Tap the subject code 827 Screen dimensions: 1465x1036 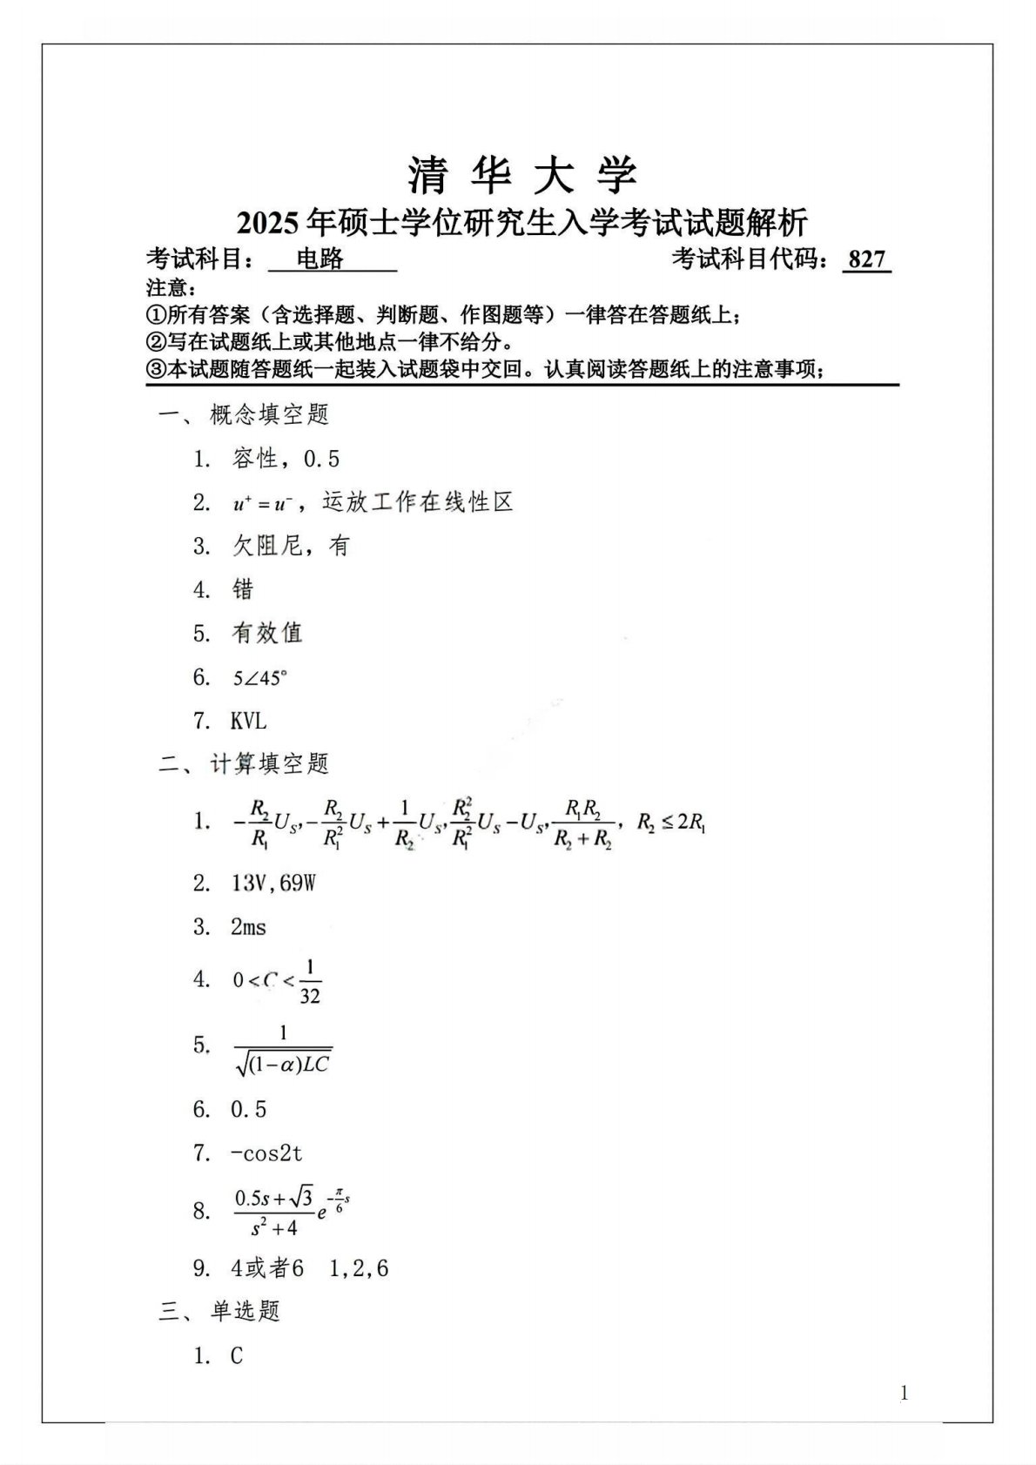click(866, 259)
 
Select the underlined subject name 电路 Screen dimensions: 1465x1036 click(320, 259)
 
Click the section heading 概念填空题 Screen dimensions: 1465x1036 click(269, 415)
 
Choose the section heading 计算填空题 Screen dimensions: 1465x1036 click(269, 764)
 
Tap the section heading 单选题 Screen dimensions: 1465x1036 click(245, 1311)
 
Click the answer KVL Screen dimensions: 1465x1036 click(249, 721)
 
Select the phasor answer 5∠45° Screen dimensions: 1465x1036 click(259, 677)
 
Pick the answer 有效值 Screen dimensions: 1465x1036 click(266, 633)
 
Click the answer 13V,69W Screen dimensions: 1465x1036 click(273, 884)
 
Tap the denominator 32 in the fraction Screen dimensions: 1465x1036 click(310, 996)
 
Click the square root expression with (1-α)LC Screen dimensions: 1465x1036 click(284, 1063)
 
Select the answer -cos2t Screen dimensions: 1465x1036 click(266, 1153)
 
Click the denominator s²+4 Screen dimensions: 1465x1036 click(274, 1227)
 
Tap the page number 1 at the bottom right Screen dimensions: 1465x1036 click(904, 1394)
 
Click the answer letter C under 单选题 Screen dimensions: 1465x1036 click(237, 1356)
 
